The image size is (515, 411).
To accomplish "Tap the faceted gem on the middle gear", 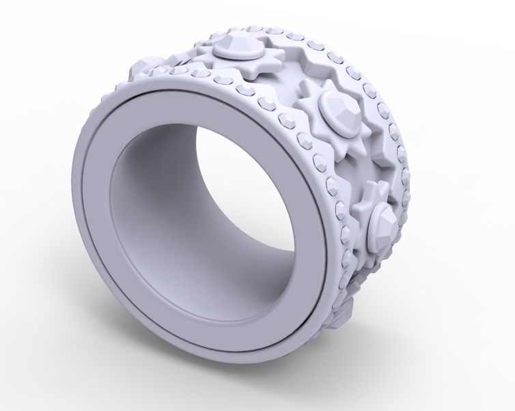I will point(340,110).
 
